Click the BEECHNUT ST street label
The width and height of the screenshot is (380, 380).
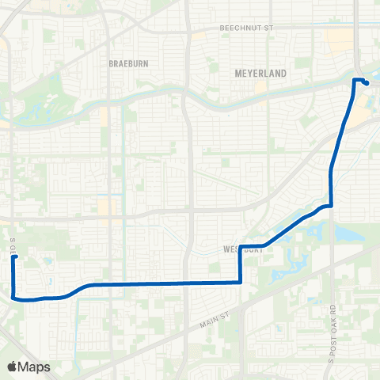(x=245, y=28)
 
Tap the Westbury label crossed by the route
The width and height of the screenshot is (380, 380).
(x=242, y=249)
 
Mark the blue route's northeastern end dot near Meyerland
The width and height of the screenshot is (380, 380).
(x=367, y=83)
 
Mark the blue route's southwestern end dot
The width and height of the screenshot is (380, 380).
(x=15, y=257)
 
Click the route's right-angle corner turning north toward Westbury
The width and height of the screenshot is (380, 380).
(x=240, y=282)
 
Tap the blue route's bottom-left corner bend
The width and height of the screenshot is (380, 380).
(x=15, y=297)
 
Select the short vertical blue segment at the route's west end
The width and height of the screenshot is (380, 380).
(x=13, y=277)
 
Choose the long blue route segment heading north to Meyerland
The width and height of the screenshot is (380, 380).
(x=339, y=142)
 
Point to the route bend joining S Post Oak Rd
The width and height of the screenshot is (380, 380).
(x=329, y=206)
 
